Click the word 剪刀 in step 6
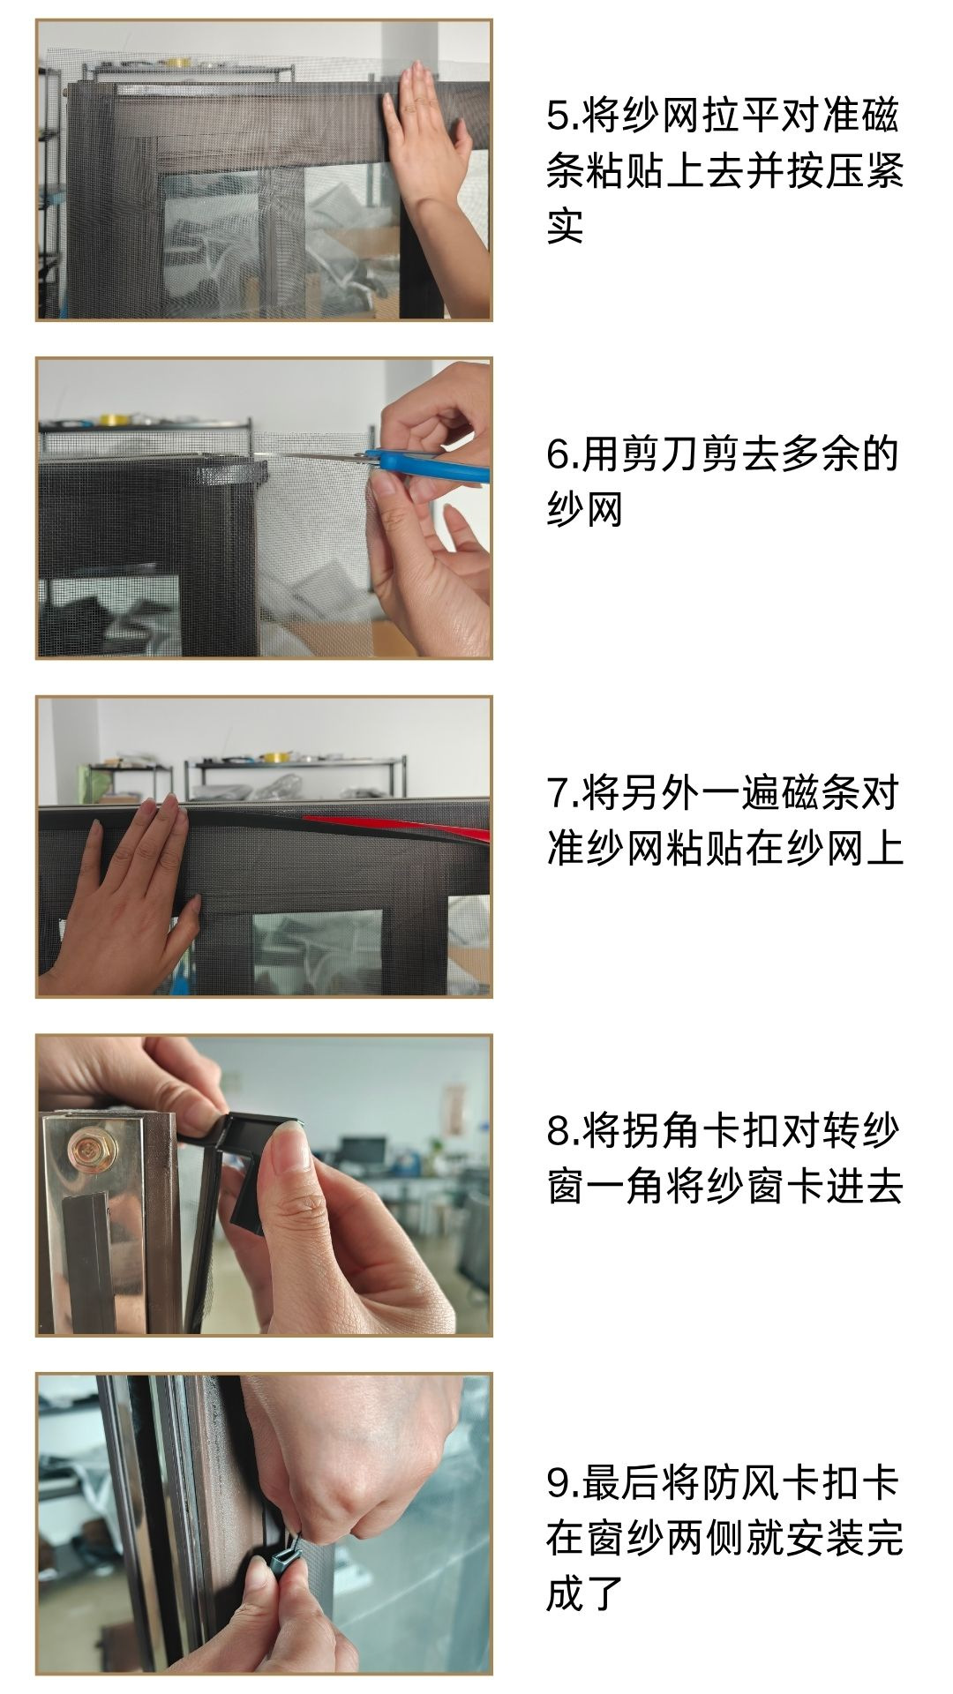point(661,454)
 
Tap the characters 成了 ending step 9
point(585,1593)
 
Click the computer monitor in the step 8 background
point(362,1151)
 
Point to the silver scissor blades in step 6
point(318,457)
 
